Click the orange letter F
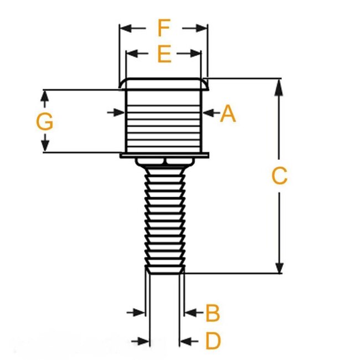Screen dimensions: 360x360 point(163,28)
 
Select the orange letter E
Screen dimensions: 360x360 point(163,54)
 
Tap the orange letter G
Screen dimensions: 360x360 point(44,121)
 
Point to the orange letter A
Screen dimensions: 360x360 point(228,114)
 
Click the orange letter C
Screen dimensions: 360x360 point(280,176)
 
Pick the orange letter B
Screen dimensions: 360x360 point(213,313)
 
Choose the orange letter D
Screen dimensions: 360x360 point(213,341)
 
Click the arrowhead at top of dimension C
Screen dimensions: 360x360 point(280,84)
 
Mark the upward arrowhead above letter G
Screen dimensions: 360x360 point(45,95)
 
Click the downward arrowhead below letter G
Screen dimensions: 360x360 point(45,147)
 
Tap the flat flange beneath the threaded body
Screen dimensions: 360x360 point(164,155)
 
